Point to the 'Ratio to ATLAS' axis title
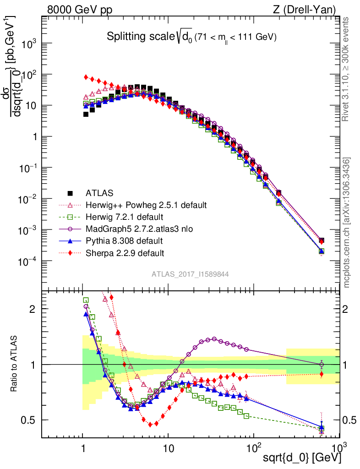click(x=16, y=364)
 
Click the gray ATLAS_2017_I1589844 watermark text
click(x=190, y=274)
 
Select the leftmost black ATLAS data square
click(x=86, y=115)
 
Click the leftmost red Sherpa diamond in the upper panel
click(x=86, y=77)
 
